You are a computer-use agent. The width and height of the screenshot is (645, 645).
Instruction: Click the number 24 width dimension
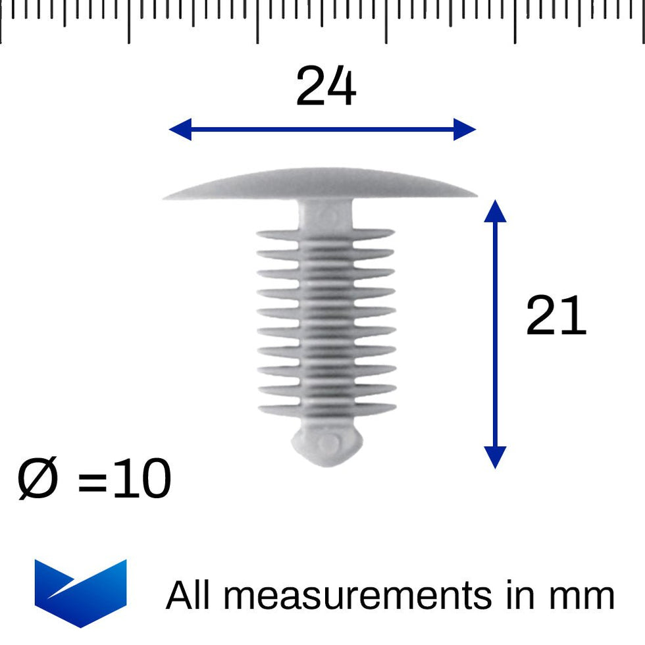pyautogui.click(x=326, y=87)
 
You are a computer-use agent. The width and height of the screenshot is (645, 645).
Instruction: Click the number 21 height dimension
pyautogui.click(x=555, y=317)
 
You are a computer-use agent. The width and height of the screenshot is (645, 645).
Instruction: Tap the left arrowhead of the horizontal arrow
pyautogui.click(x=179, y=130)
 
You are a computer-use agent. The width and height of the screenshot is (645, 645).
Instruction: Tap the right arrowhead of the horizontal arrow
pyautogui.click(x=465, y=130)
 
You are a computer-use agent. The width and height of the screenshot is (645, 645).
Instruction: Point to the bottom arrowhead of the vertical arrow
pyautogui.click(x=495, y=457)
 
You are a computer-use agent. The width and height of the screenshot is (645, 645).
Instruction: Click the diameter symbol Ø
pyautogui.click(x=38, y=479)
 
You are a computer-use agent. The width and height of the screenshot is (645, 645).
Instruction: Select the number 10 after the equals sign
pyautogui.click(x=142, y=479)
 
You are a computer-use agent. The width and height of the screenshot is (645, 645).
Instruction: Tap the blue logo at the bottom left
pyautogui.click(x=80, y=591)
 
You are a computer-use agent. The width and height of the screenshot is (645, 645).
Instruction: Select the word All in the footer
pyautogui.click(x=189, y=595)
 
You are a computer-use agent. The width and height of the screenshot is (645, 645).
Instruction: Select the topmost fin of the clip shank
pyautogui.click(x=325, y=234)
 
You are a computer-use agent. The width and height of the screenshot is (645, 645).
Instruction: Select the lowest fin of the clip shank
pyautogui.click(x=326, y=410)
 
